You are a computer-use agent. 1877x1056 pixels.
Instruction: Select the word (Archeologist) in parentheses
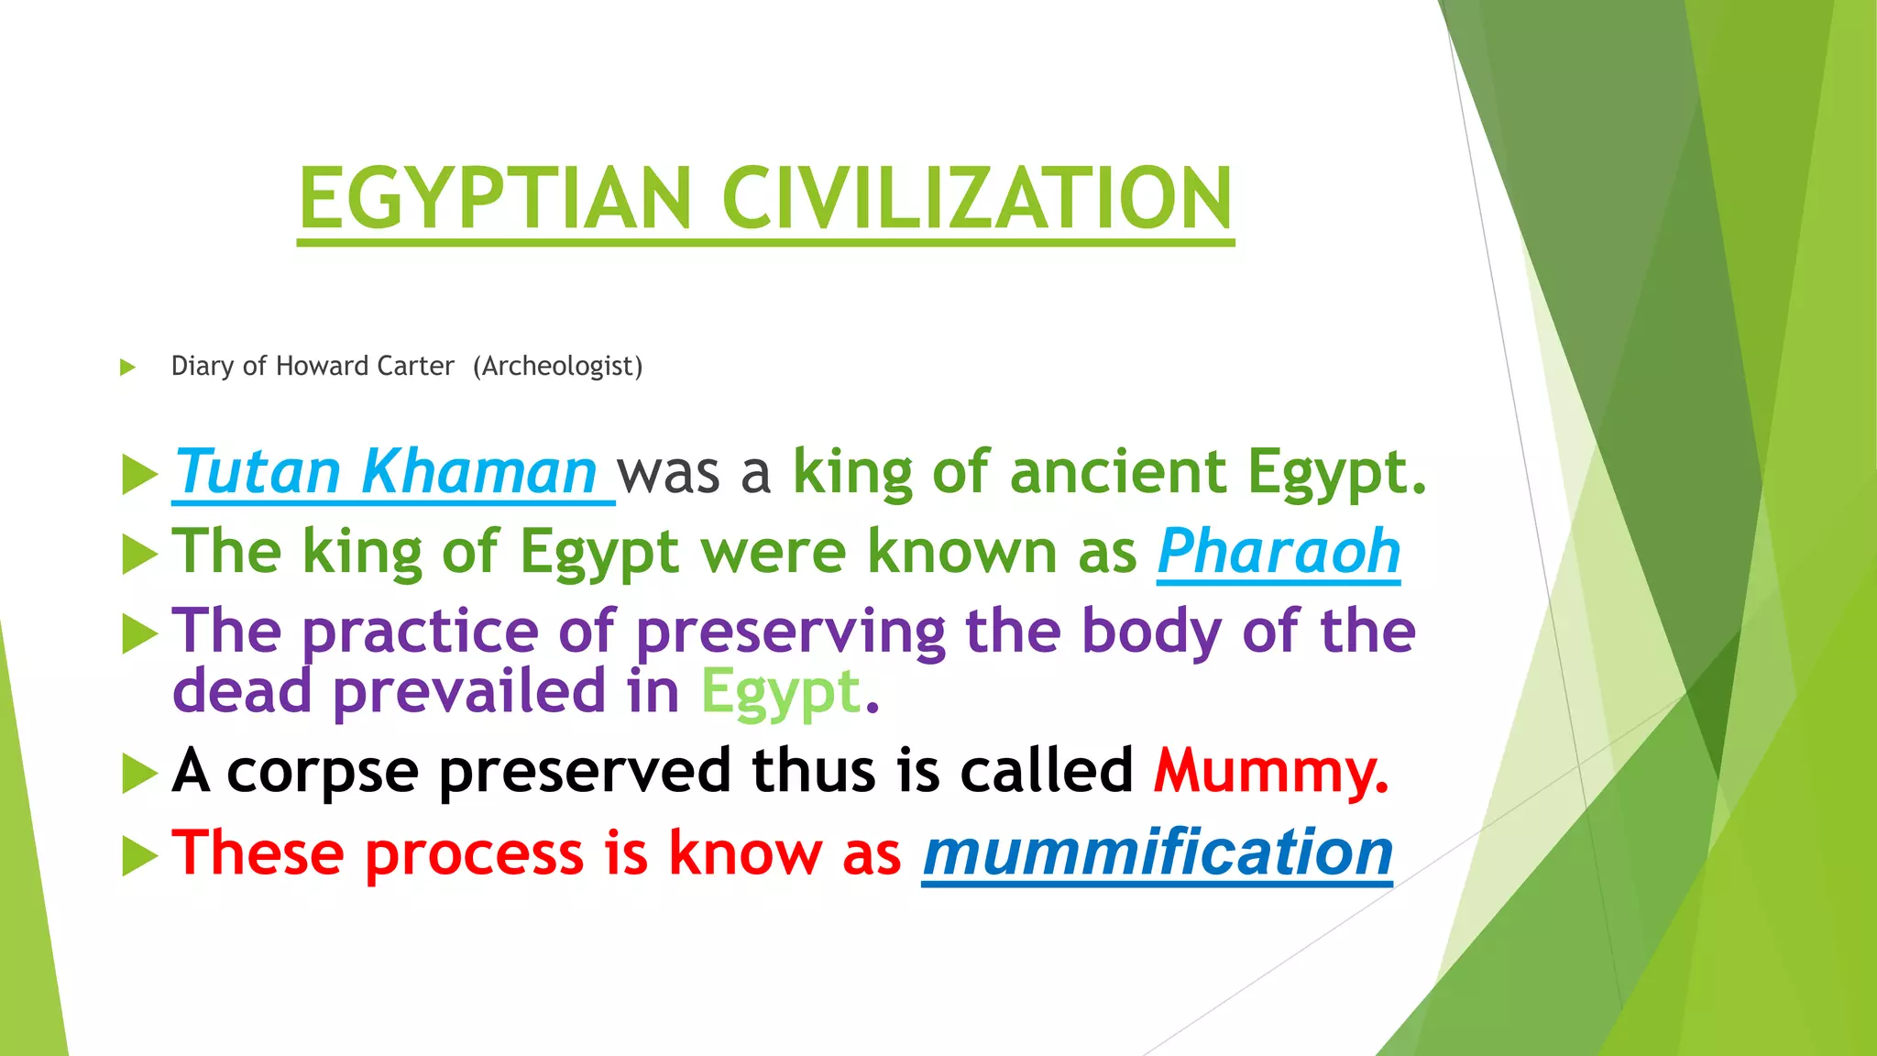[558, 367]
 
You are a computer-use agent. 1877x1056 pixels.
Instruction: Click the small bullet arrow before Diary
[127, 368]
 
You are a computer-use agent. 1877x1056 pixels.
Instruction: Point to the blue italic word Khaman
[478, 472]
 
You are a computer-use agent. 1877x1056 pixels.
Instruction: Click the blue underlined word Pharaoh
[1279, 552]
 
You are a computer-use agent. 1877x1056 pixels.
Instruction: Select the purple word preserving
[790, 632]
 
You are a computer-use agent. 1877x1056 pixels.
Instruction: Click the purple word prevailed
[468, 691]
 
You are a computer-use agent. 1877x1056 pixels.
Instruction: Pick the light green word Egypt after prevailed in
[780, 693]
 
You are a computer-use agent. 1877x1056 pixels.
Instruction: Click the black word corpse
[323, 771]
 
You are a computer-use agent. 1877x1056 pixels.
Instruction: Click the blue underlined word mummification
[1157, 852]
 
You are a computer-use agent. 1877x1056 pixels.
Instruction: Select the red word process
[473, 854]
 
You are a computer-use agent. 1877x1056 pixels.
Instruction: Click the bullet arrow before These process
[139, 856]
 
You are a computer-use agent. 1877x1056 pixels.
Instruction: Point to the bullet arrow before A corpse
[139, 774]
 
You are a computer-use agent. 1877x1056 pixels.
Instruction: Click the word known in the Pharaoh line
[962, 552]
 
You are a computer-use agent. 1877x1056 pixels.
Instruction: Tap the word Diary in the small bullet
[202, 367]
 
